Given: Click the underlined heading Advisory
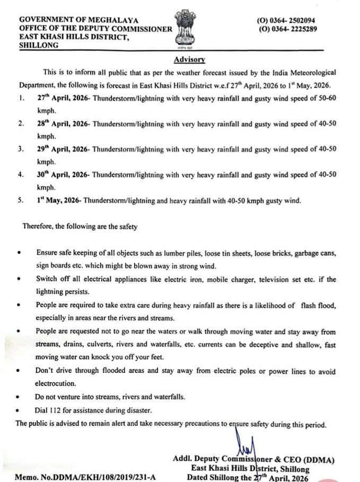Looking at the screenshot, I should (189, 60).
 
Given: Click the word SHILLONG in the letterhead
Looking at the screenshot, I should (40, 46).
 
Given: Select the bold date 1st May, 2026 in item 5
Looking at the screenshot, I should (59, 200).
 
